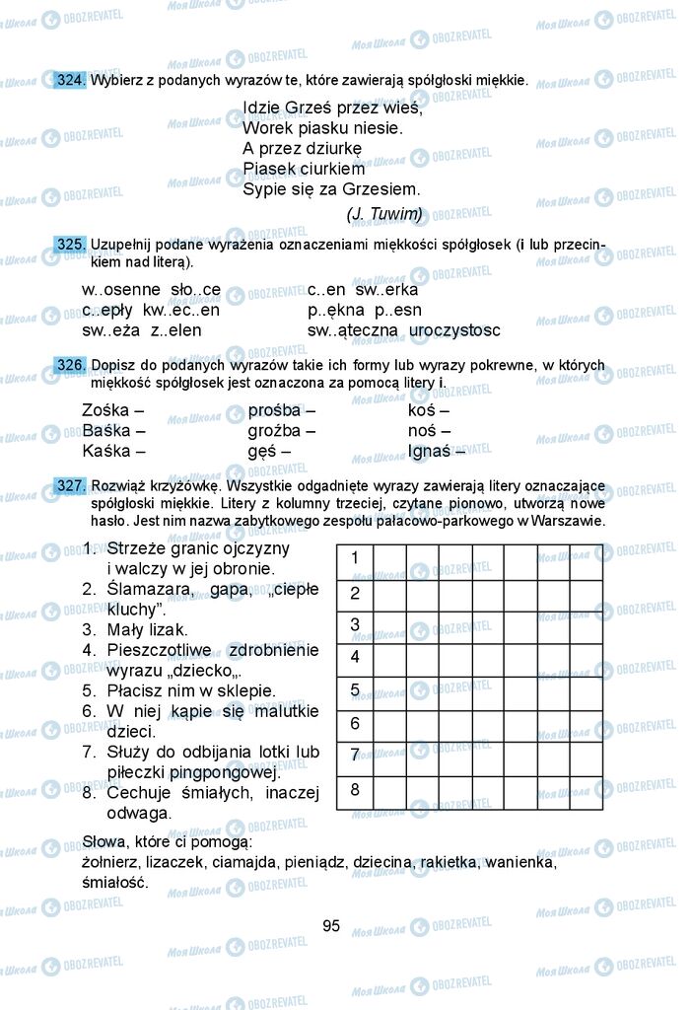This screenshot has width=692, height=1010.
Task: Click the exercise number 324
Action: point(71,80)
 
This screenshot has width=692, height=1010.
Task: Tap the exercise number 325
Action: point(71,244)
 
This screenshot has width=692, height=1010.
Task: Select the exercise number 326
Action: point(71,365)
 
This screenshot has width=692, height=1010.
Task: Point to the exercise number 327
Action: point(71,486)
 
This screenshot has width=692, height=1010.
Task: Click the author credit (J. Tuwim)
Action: point(384,213)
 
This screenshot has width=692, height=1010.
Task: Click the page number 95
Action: point(331,925)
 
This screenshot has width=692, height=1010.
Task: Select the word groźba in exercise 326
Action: point(276,431)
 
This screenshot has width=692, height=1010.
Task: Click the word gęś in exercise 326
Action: point(263,452)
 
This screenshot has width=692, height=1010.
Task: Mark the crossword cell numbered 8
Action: point(355,790)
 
